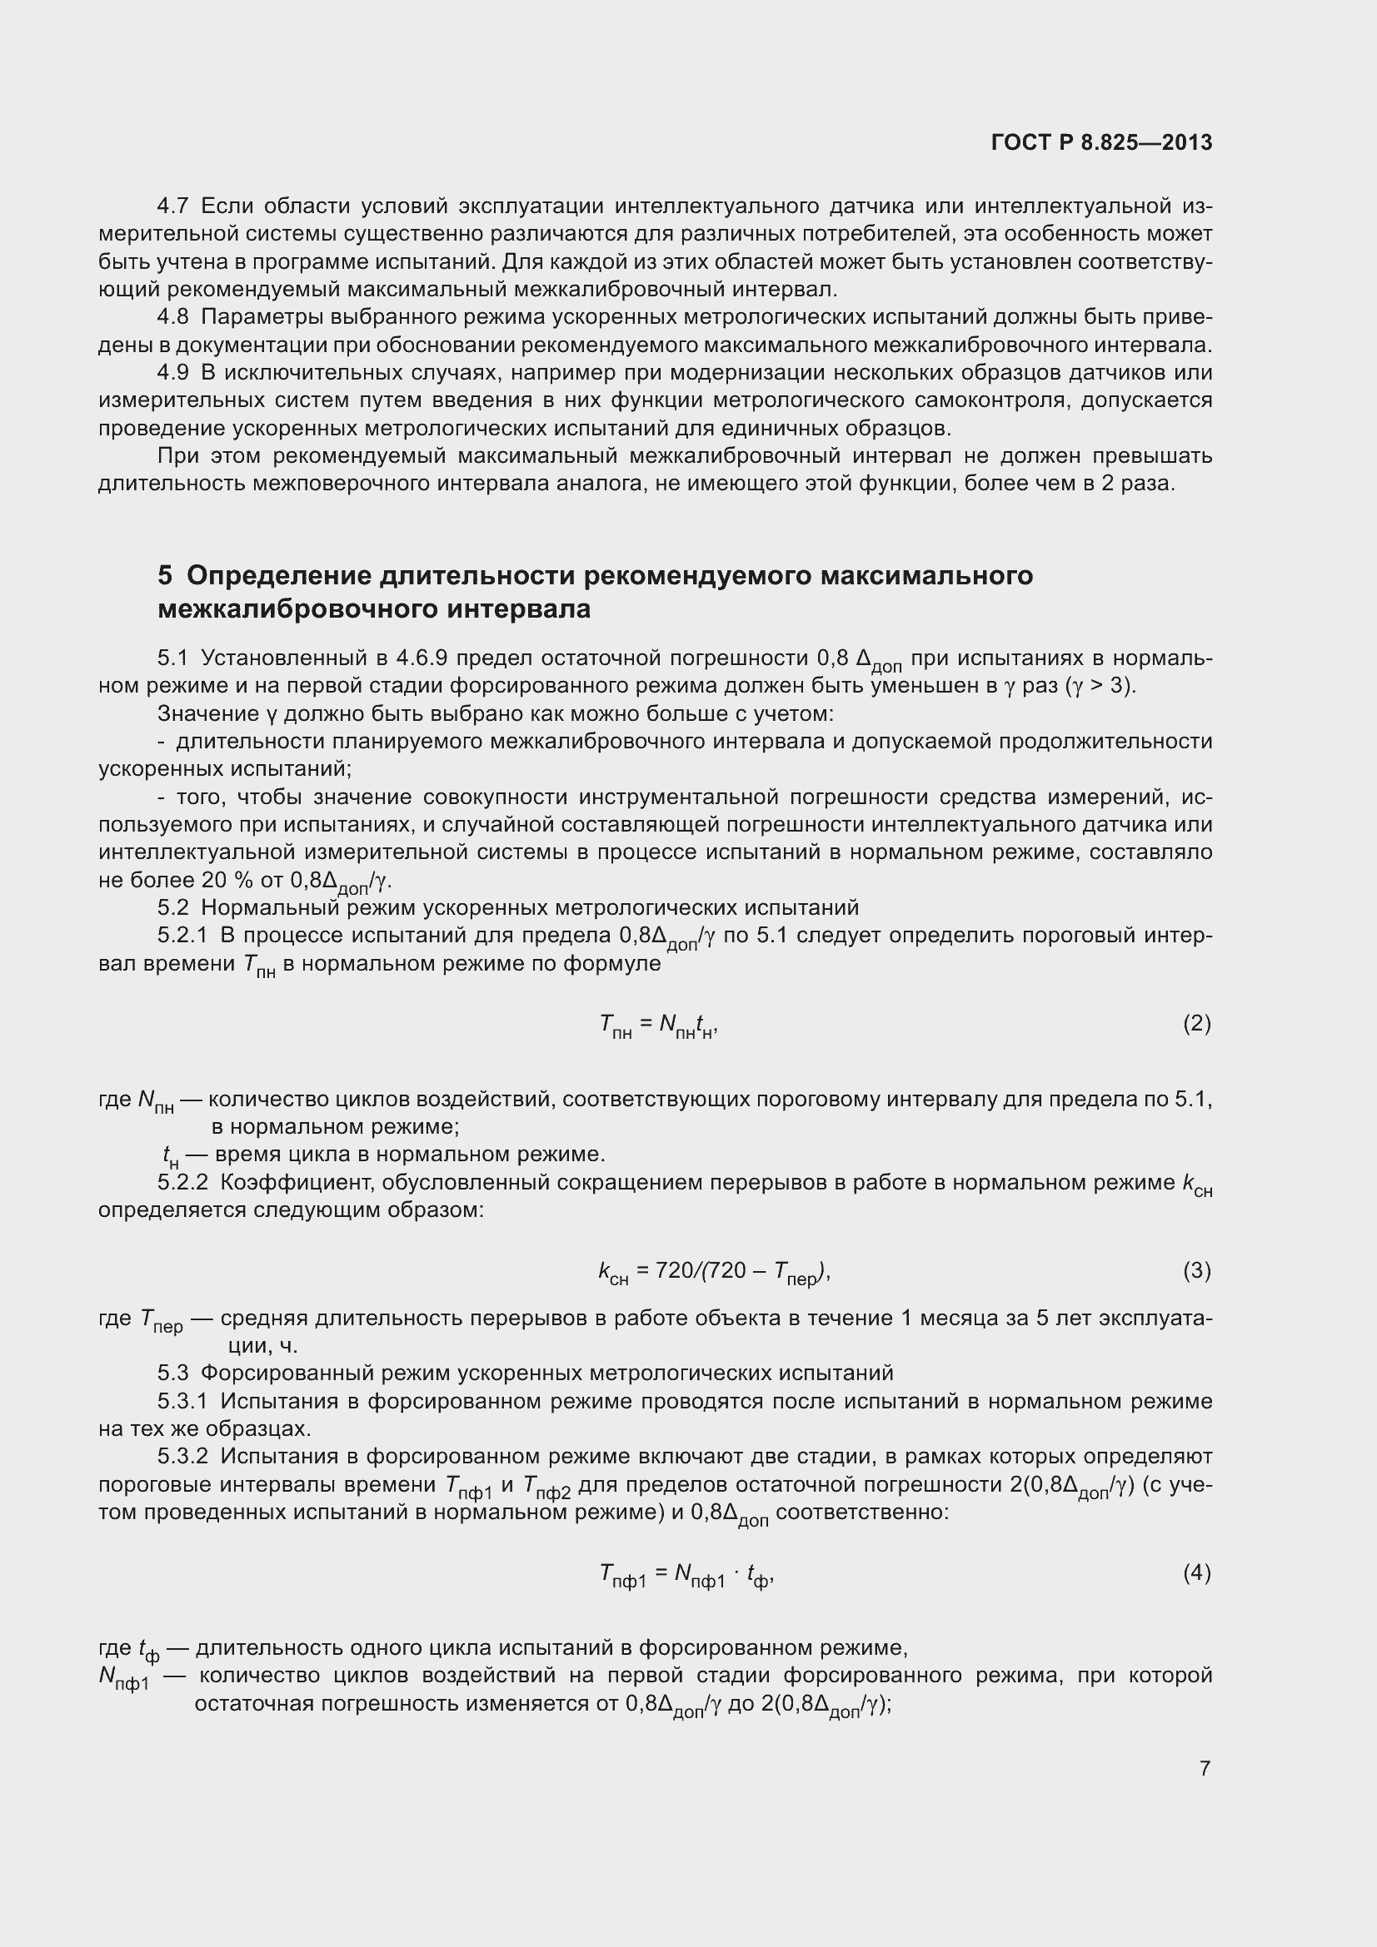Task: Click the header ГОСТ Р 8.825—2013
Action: click(x=1100, y=142)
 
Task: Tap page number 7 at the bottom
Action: click(x=1205, y=1768)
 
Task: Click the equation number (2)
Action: click(x=1196, y=1024)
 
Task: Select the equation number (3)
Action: click(x=1196, y=1270)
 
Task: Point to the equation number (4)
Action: click(x=1196, y=1573)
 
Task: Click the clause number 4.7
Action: click(x=172, y=206)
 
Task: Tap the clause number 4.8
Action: click(x=172, y=317)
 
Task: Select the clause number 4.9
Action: click(x=172, y=372)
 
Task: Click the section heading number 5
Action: click(x=165, y=576)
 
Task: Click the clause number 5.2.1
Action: click(x=182, y=936)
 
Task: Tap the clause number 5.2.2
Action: click(x=182, y=1182)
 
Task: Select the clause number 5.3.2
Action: click(x=182, y=1456)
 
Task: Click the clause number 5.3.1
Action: click(x=182, y=1401)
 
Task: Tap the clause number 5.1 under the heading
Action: click(x=172, y=658)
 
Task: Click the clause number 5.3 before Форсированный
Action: click(x=172, y=1373)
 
